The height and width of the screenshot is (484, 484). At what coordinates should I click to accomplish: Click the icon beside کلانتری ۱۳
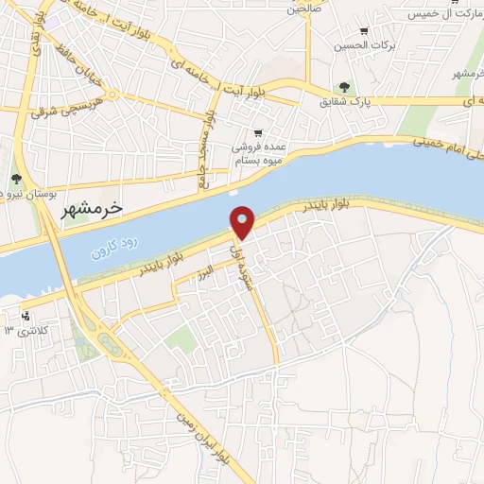point(26,315)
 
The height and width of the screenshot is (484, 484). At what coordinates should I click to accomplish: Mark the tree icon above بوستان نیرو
point(16,178)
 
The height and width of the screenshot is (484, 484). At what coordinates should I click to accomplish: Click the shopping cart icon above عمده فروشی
point(258,133)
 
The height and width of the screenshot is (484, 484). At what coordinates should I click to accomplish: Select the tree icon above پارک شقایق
point(344,87)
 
